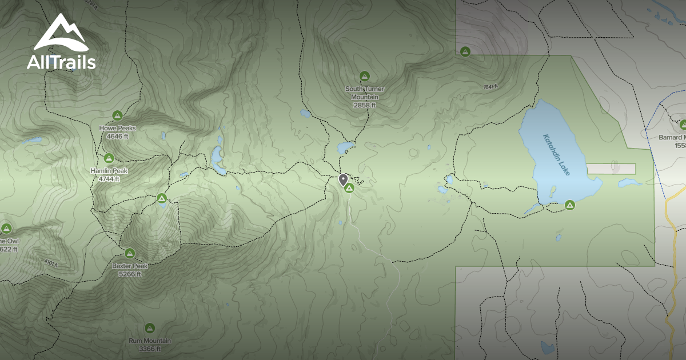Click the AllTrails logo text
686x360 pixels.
[x=61, y=62]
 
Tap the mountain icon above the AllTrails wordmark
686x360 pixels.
[x=60, y=34]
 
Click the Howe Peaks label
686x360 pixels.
[x=118, y=128]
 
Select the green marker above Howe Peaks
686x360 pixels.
[x=118, y=115]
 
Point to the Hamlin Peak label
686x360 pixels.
[x=109, y=170]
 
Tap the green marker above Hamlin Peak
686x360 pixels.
[x=109, y=157]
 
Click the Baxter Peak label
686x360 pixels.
[x=130, y=266]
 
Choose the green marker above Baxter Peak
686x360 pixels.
[x=130, y=253]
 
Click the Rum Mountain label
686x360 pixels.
[x=150, y=341]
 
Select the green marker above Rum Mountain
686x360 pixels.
[x=150, y=328]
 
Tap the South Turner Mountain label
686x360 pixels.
[x=365, y=93]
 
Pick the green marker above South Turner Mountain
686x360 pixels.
[x=365, y=76]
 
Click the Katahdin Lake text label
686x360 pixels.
[x=556, y=154]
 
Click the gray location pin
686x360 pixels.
[x=343, y=180]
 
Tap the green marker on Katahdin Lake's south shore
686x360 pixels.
[x=569, y=205]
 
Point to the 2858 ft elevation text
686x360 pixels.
[x=365, y=105]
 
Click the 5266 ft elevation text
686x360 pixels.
[x=130, y=274]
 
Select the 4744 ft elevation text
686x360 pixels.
[x=109, y=178]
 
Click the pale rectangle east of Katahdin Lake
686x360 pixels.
[x=611, y=169]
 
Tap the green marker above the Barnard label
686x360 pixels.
[x=683, y=125]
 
